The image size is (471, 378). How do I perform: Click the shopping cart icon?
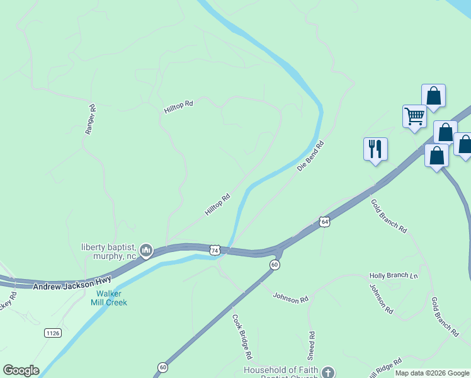tap(414, 116)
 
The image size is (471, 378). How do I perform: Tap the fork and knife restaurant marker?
tap(375, 149)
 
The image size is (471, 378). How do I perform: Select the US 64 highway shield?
tap(324, 222)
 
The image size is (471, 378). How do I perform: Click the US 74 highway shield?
tap(215, 249)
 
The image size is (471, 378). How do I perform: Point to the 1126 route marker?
tap(52, 332)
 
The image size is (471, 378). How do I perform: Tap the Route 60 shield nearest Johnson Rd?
tap(275, 265)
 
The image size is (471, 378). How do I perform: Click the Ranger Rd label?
tap(90, 120)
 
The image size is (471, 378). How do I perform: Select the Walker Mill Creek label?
tap(111, 298)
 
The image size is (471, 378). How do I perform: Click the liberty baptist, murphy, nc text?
tap(109, 251)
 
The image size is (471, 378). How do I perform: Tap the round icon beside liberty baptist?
tap(146, 251)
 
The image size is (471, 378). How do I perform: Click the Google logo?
tap(21, 370)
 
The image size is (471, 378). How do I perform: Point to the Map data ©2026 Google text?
tap(433, 373)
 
